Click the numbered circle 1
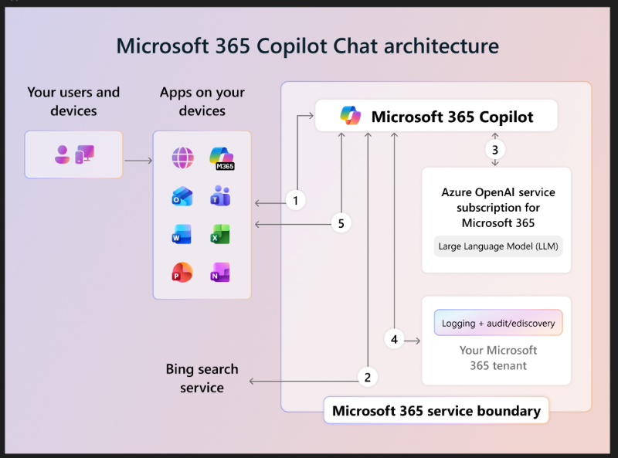pos(294,201)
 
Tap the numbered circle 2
pos(368,377)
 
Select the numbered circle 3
pos(494,148)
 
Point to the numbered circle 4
pos(394,338)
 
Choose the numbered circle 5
pos(341,223)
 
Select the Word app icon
pos(182,235)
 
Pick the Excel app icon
pos(220,235)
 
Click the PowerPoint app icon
pos(182,272)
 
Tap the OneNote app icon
pos(220,272)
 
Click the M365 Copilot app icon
pos(221,159)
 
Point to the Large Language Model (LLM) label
pos(497,246)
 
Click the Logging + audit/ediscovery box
pos(497,323)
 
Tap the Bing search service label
pos(202,378)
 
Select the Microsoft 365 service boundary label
pos(436,411)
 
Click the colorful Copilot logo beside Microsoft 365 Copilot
pos(351,117)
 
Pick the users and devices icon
pos(74,154)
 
